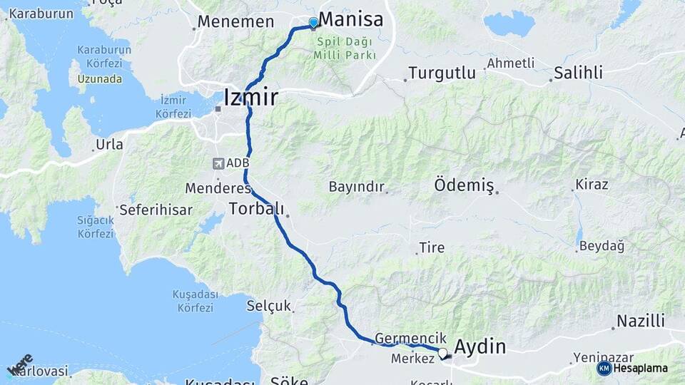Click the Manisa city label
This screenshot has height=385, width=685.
coord(350,19)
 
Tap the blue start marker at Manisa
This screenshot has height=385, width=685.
coord(313,22)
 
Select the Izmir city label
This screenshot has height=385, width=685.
coord(250,97)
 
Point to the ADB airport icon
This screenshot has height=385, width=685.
coord(218,163)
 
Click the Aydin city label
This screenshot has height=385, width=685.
coord(480,347)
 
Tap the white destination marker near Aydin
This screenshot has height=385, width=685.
coord(442,353)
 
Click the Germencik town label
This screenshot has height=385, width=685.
coord(410,338)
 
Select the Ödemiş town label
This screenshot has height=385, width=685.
coord(464,185)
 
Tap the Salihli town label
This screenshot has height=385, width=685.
coord(579,72)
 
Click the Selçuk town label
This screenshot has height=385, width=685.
coord(269,306)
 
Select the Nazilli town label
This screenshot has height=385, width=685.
coord(641,321)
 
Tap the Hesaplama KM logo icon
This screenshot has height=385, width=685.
coord(604,368)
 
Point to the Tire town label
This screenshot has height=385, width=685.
coord(432,247)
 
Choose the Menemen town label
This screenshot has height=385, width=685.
coord(235,21)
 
